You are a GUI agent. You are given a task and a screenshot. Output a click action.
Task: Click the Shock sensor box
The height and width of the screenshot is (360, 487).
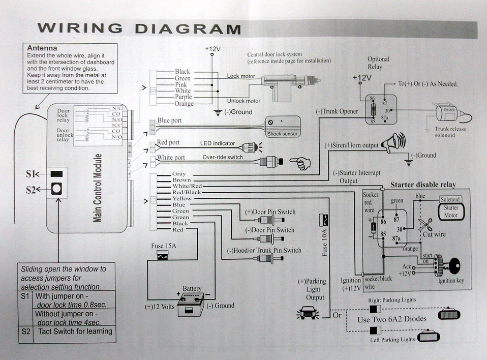(283, 125)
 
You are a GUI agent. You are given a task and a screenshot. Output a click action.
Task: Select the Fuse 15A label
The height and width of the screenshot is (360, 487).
(165, 246)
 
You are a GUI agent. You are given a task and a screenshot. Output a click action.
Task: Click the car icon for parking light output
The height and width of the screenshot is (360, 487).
(308, 313)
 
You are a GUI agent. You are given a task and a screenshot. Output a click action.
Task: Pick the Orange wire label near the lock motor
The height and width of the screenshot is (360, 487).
(184, 104)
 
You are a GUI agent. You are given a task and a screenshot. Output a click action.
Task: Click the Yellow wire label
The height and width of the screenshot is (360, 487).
(182, 199)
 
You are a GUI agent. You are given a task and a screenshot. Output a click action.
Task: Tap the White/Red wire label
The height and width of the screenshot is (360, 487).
(188, 186)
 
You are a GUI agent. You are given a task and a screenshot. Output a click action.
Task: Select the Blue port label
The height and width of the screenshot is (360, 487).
(169, 121)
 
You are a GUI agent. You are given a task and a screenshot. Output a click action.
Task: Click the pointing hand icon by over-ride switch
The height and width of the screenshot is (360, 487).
(300, 163)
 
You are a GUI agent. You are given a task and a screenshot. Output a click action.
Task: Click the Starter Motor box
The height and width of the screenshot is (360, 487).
(451, 211)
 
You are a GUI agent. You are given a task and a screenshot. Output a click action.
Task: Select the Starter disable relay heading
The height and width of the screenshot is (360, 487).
(423, 184)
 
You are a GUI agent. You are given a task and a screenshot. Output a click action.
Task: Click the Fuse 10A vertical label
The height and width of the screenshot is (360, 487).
(324, 241)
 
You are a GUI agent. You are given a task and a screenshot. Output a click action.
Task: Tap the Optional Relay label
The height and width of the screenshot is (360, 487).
(379, 63)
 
